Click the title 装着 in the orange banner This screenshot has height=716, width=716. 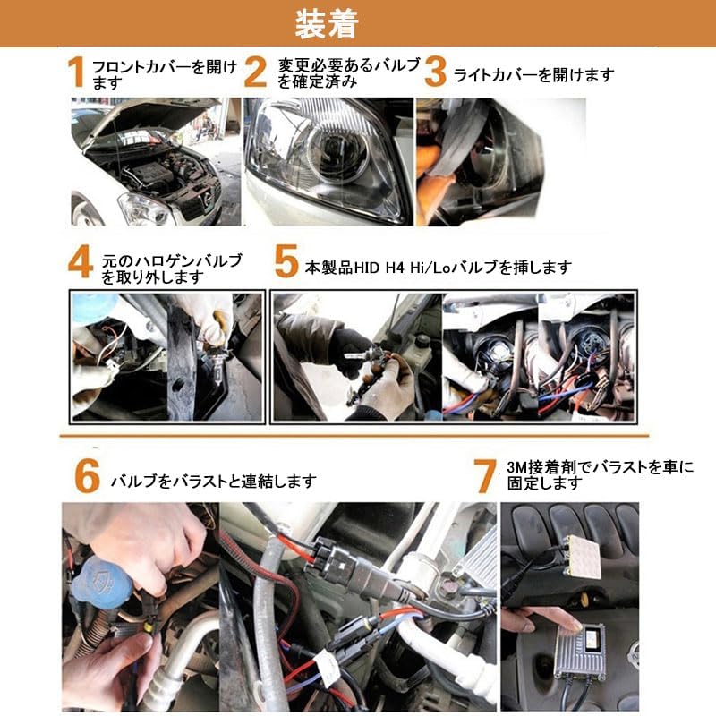coord(327,24)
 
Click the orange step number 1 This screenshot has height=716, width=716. coord(77,72)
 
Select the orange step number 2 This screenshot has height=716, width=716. coord(255,72)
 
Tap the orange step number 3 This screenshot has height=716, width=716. coord(435,72)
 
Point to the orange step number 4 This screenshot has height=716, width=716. coord(81,261)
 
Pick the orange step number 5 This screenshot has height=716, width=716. coord(286,261)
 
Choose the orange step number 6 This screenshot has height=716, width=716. coord(87,476)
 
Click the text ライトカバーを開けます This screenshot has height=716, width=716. coord(533,75)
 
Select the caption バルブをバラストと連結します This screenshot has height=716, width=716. coord(214,481)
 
